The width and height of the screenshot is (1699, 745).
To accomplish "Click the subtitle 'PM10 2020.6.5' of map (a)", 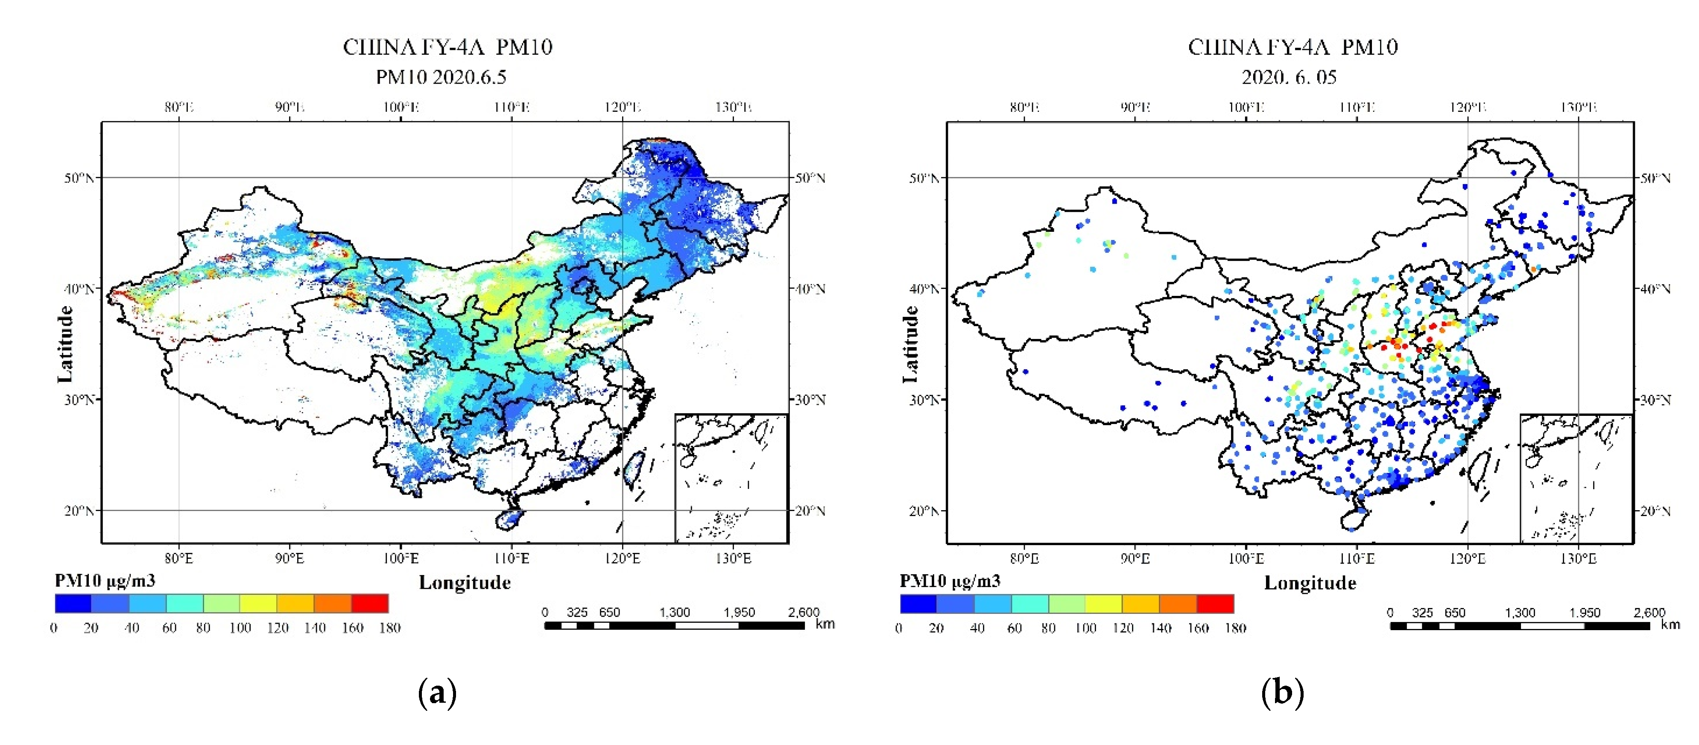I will click(441, 77).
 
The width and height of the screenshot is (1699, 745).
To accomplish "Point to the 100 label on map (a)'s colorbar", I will click(240, 628).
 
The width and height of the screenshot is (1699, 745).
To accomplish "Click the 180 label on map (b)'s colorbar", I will click(1235, 628).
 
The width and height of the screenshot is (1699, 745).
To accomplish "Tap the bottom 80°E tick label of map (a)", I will click(179, 558).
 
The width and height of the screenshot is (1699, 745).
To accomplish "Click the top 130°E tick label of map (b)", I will click(1578, 107).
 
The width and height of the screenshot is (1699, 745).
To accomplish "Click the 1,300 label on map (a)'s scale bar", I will click(674, 612).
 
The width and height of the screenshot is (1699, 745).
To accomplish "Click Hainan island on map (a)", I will click(509, 520).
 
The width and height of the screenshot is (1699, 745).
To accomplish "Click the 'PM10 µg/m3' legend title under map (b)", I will click(950, 581).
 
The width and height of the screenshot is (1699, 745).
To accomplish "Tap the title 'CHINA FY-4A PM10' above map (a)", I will click(447, 47).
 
